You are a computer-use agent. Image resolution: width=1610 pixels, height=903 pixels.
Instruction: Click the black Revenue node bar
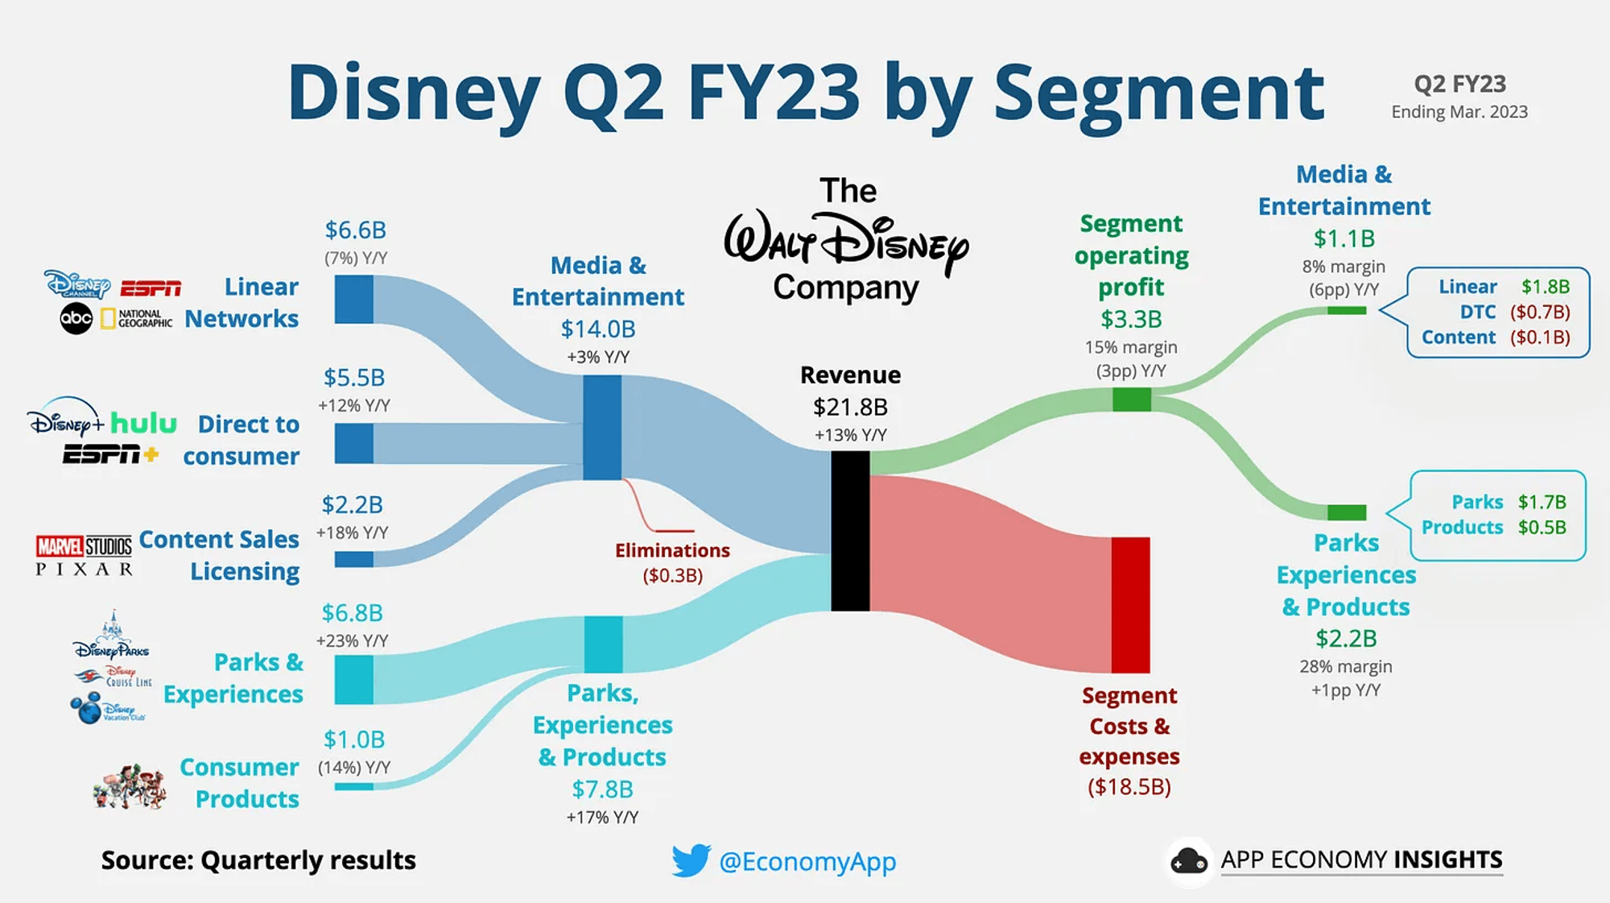tap(850, 530)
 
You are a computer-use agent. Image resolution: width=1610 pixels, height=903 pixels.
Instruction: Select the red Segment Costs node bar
tap(1130, 604)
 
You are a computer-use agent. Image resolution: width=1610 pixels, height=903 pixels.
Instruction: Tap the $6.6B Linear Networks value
tap(355, 230)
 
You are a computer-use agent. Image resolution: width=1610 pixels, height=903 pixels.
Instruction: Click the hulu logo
tap(143, 423)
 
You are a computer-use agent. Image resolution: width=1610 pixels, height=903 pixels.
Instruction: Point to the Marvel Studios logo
tap(84, 546)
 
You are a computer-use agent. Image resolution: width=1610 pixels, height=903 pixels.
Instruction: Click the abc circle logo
tap(76, 319)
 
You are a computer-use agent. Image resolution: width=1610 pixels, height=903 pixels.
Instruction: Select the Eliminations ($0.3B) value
tap(672, 575)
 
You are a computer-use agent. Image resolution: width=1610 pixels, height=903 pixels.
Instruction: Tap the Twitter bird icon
tap(691, 860)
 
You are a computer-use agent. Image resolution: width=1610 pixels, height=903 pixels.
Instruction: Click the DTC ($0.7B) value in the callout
tap(1540, 312)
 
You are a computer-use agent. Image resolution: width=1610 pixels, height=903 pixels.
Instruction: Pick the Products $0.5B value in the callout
tap(1542, 528)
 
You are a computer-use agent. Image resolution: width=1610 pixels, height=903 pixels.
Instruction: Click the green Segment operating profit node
tap(1131, 399)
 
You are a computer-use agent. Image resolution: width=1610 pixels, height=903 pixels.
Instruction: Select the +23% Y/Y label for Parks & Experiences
tap(352, 641)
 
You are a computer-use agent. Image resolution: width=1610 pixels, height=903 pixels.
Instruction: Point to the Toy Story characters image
tap(129, 786)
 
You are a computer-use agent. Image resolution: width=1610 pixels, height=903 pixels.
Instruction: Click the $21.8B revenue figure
tap(850, 407)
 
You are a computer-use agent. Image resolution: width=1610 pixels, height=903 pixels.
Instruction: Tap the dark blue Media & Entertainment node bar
tap(602, 428)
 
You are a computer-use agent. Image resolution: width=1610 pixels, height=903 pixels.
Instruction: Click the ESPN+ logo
tap(110, 455)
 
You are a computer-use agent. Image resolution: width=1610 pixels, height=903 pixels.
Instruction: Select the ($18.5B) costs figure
tap(1129, 786)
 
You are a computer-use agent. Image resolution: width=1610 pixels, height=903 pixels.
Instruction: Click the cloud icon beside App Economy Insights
tap(1189, 861)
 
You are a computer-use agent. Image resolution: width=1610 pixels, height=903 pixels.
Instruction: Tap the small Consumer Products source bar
tap(353, 786)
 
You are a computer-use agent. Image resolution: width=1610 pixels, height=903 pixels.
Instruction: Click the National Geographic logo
tap(137, 319)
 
